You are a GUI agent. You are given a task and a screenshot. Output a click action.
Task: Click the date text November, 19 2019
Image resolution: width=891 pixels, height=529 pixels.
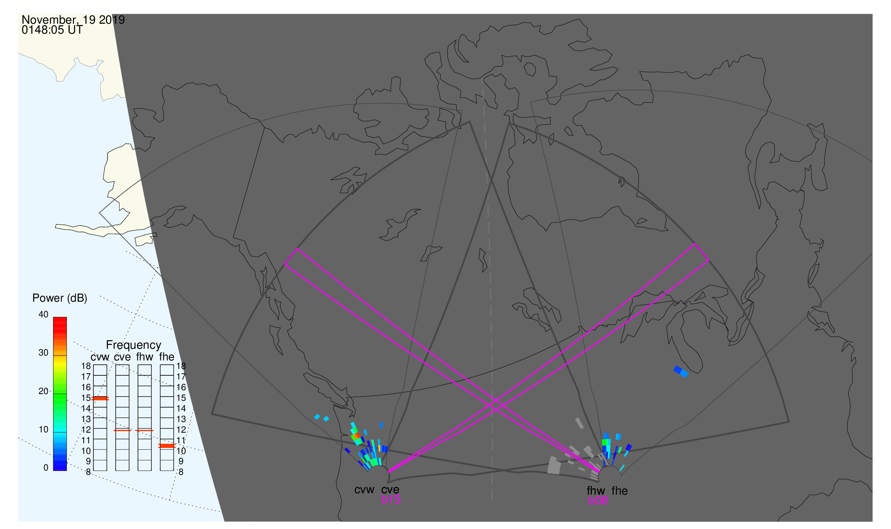click(73, 20)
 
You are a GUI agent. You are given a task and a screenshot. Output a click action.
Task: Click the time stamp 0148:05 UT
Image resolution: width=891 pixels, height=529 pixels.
click(52, 30)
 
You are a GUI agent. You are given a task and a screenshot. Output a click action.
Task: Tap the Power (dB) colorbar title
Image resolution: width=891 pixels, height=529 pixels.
click(60, 298)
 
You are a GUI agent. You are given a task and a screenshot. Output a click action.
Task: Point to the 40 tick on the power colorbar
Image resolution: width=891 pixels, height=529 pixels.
click(44, 314)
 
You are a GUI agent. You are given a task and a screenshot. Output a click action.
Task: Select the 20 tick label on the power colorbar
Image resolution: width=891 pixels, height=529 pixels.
click(44, 391)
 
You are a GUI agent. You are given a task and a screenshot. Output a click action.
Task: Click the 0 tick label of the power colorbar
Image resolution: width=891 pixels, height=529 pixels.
click(46, 468)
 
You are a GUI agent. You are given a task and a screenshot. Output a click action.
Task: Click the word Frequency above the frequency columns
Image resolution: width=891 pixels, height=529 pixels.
click(134, 345)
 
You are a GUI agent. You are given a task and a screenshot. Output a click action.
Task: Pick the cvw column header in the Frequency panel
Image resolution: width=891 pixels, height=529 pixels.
click(100, 357)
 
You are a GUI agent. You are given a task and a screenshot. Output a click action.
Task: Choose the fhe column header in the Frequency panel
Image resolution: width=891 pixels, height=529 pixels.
click(167, 357)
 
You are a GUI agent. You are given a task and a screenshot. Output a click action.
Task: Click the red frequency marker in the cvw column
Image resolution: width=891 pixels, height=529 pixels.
click(100, 399)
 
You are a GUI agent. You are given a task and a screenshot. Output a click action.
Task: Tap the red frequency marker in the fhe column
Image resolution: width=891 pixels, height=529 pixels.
click(167, 446)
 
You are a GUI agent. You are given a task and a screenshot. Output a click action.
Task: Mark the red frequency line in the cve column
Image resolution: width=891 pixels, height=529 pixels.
click(122, 431)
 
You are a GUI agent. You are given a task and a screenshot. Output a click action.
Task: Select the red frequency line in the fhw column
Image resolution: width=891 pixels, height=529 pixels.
click(145, 431)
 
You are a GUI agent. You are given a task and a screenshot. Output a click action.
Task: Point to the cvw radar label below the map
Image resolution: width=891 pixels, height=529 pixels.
click(364, 490)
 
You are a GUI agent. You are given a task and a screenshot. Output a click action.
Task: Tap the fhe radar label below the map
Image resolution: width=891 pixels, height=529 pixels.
click(620, 491)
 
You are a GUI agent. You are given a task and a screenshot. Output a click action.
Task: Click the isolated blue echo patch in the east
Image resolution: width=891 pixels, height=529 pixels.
click(681, 372)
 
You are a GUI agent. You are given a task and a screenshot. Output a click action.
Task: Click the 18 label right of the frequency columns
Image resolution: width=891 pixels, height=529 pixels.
click(181, 366)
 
